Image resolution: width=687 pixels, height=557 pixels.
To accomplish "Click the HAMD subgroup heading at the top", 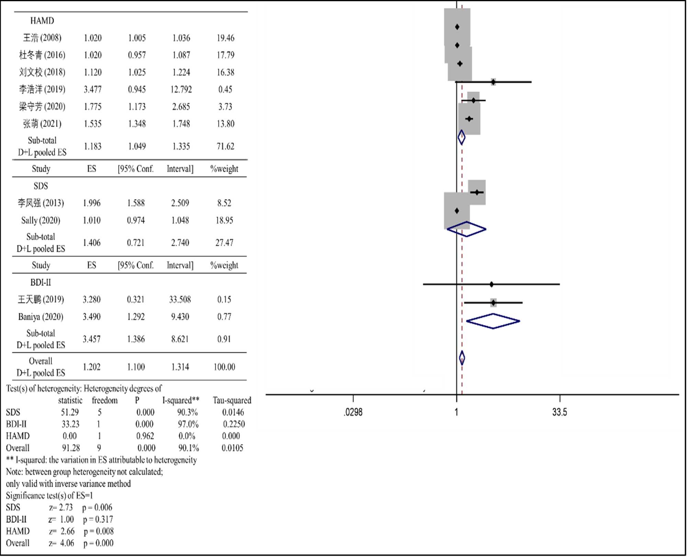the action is click(x=42, y=21).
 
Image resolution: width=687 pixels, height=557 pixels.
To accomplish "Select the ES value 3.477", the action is click(x=93, y=89).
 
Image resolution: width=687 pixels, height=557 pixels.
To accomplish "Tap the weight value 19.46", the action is click(x=225, y=38).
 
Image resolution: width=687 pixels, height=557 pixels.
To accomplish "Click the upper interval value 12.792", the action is click(x=181, y=89).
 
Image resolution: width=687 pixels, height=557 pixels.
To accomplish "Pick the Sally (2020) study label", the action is click(x=41, y=220).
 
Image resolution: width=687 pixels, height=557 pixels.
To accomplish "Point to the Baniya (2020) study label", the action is click(x=41, y=316).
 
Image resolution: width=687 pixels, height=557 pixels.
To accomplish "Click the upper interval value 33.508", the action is click(x=180, y=299).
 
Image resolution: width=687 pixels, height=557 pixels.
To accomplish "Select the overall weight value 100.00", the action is click(x=224, y=367).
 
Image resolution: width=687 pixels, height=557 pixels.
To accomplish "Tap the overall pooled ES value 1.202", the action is click(x=92, y=367).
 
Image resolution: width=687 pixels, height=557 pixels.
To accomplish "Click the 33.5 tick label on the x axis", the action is click(x=560, y=412).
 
